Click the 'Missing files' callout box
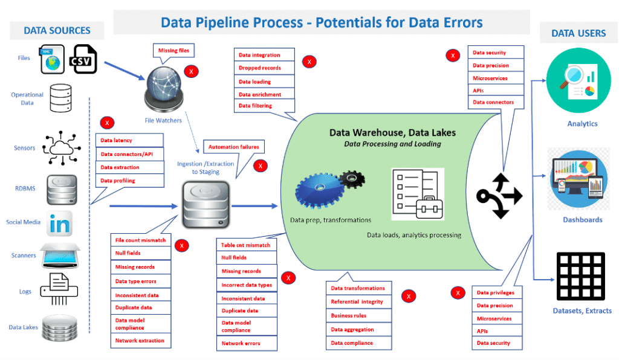pyautogui.click(x=174, y=51)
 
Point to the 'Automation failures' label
pyautogui.click(x=233, y=147)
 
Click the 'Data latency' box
pyautogui.click(x=130, y=141)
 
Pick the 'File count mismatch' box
pyautogui.click(x=140, y=240)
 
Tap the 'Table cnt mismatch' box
pyautogui.click(x=246, y=245)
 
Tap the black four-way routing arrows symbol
pyautogui.click(x=499, y=195)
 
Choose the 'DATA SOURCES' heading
pyautogui.click(x=57, y=30)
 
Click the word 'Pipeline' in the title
pyautogui.click(x=242, y=23)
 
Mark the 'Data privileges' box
pyautogui.click(x=495, y=293)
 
